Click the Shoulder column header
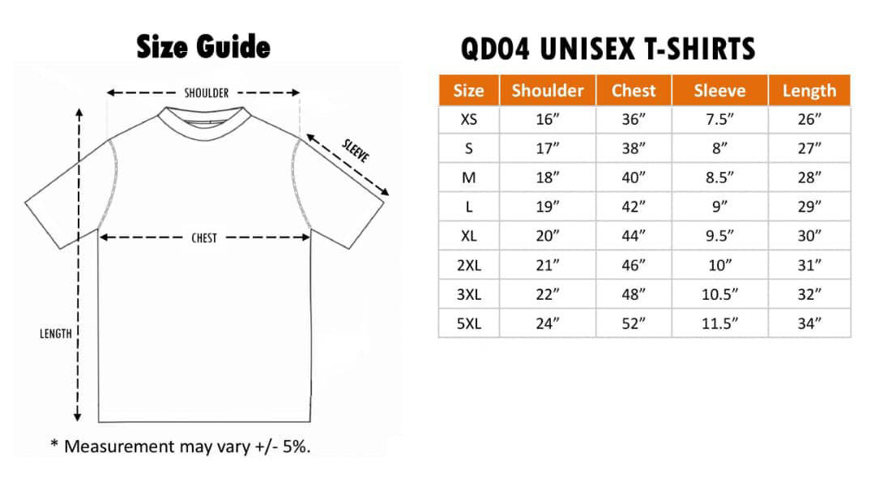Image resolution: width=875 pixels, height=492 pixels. [x=548, y=91]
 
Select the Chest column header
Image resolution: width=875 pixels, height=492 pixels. [x=634, y=91]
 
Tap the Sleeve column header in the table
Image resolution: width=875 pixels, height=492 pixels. [x=719, y=91]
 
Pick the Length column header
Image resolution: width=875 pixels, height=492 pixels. [x=809, y=91]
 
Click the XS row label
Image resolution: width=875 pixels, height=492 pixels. [x=469, y=119]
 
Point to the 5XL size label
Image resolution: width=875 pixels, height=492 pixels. [x=469, y=324]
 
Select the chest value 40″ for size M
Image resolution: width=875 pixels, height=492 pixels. [x=634, y=178]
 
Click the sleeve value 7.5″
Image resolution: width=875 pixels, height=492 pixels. [x=719, y=119]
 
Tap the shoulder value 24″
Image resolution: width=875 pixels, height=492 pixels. [x=548, y=324]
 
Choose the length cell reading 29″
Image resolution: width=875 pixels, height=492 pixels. [x=809, y=207]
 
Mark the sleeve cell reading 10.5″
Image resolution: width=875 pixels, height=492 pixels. [x=719, y=294]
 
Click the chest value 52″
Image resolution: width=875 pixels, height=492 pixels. [x=634, y=324]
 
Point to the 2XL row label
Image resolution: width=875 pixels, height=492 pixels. [x=469, y=265]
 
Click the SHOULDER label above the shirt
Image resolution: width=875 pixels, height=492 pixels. [x=207, y=92]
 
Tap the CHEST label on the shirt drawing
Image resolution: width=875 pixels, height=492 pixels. [x=203, y=238]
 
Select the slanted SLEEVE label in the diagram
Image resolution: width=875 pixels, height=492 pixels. [x=356, y=151]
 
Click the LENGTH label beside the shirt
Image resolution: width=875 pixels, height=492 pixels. [x=56, y=334]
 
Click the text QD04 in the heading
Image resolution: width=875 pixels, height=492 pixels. [x=495, y=49]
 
